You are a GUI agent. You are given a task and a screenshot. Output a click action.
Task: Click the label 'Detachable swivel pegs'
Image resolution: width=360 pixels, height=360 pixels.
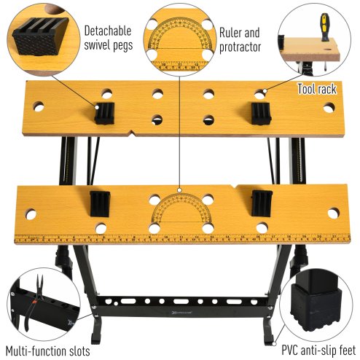(108, 39)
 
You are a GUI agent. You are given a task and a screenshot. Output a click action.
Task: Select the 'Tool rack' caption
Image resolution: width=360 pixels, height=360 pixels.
(316, 89)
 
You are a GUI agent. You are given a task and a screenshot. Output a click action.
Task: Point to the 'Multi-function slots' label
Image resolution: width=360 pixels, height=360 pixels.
(47, 351)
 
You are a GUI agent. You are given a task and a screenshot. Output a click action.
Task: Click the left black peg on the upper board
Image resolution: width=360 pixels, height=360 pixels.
(106, 113)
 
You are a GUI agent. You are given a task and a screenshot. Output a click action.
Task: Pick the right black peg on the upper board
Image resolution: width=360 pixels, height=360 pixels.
(261, 113)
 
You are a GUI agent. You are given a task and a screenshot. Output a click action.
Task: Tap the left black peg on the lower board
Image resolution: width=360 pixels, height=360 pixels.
(99, 204)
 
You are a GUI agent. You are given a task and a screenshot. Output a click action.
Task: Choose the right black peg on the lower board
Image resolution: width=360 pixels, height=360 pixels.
(260, 204)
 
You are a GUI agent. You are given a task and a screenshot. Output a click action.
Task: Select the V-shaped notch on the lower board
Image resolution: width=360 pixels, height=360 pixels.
(235, 189)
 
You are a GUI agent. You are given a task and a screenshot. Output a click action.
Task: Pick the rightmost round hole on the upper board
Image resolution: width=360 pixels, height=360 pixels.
(329, 108)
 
